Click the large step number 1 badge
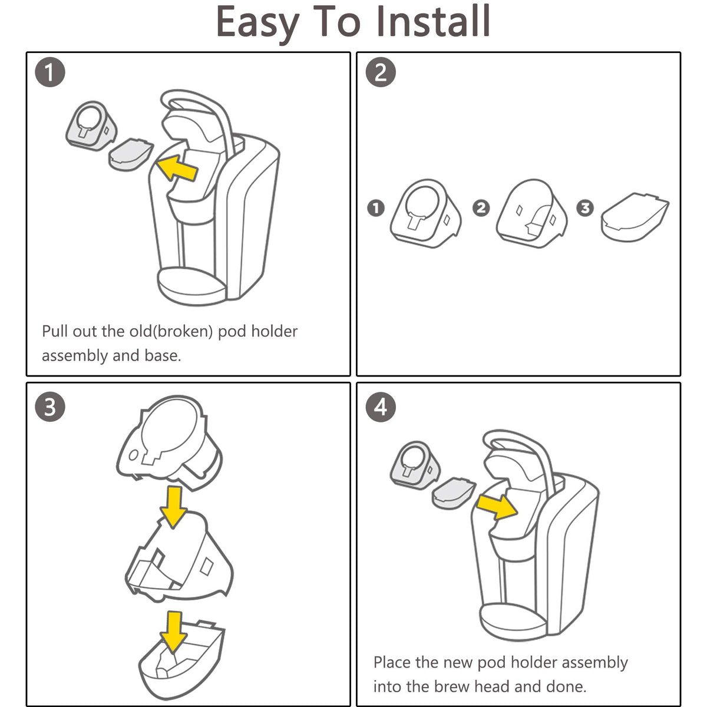[x=50, y=72]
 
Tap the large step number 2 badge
[x=381, y=72]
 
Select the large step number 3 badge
[x=50, y=407]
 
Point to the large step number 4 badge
[x=381, y=407]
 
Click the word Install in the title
[x=433, y=21]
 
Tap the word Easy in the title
[x=257, y=24]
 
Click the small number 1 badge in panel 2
[x=376, y=208]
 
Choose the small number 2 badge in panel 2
[x=481, y=208]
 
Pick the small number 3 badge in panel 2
[x=585, y=208]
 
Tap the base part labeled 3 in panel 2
[x=635, y=217]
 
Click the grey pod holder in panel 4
[x=415, y=465]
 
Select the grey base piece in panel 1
[x=131, y=154]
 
